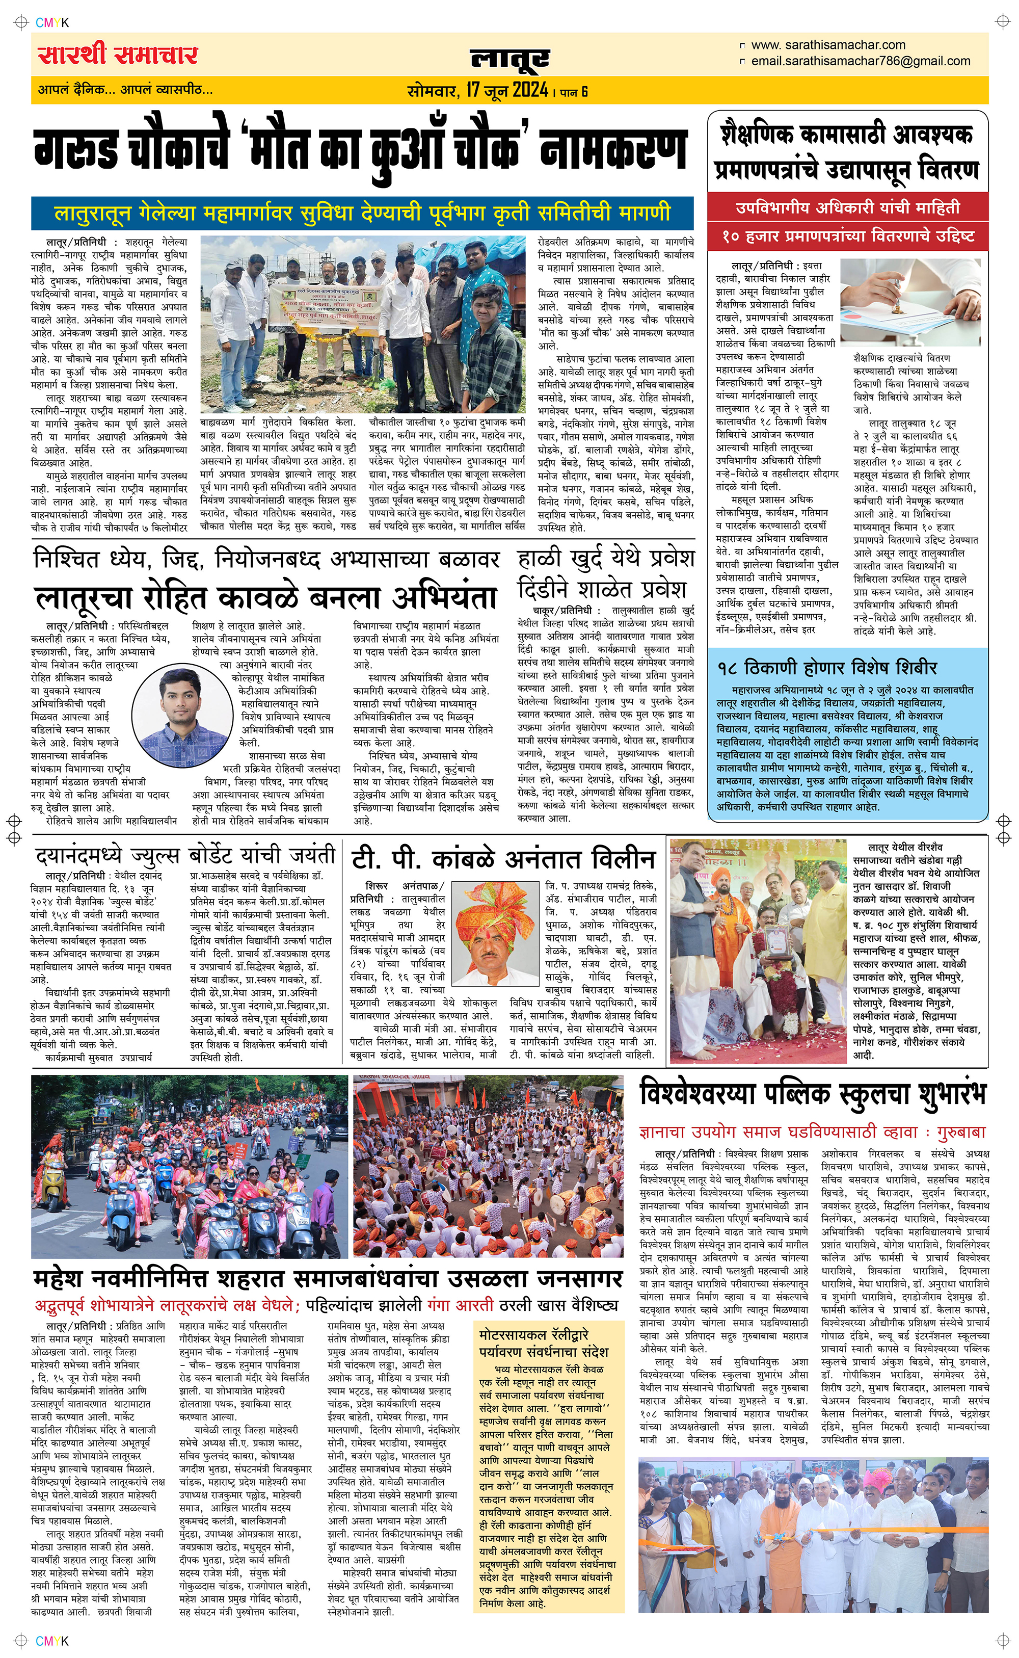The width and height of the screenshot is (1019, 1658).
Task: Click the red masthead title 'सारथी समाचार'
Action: pyautogui.click(x=118, y=55)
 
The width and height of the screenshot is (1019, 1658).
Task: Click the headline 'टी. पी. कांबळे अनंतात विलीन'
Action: pyautogui.click(x=503, y=859)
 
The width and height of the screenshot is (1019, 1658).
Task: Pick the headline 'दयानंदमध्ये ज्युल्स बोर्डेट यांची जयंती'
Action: pyautogui.click(x=185, y=855)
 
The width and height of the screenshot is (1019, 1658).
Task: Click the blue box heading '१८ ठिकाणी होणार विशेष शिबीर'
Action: pyautogui.click(x=827, y=668)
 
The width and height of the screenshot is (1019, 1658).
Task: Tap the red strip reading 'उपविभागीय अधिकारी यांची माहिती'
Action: pyautogui.click(x=847, y=207)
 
